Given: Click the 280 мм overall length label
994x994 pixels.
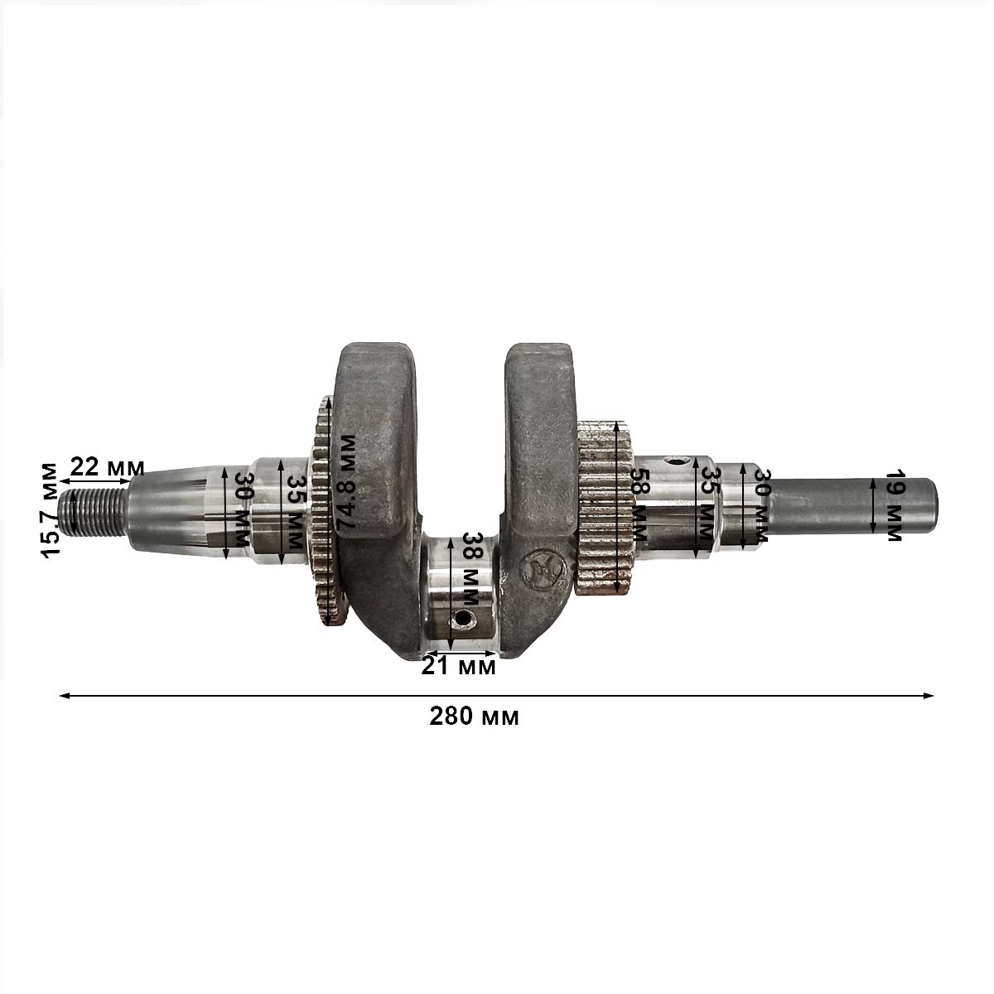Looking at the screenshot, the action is coord(474,717).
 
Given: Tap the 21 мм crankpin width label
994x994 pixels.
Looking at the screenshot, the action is coord(459,667).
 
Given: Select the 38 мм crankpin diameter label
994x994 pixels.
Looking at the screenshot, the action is coord(470,568).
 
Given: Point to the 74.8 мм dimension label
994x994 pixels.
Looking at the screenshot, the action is coord(346,483).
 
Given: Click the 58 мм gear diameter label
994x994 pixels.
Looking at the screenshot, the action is coord(639,504).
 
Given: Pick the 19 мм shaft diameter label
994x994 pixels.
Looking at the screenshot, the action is coord(894,505).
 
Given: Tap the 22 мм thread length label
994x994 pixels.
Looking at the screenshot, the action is coord(107,467).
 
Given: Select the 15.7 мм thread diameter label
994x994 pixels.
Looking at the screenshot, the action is coord(50,509).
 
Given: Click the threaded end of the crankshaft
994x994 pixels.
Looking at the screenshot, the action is coord(94,511).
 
